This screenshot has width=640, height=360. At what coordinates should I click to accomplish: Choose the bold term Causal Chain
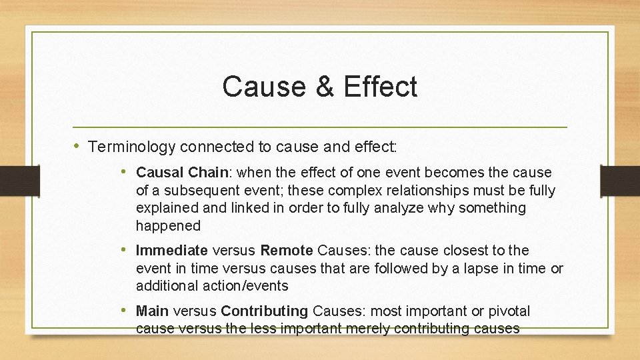coord(182,173)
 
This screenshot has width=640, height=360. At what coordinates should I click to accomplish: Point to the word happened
coord(168,226)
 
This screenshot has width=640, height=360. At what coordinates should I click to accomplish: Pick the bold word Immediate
coord(172,251)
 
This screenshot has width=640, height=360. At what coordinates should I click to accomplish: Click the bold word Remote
coord(287,251)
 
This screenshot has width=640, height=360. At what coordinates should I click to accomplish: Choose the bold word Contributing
coord(265,311)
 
